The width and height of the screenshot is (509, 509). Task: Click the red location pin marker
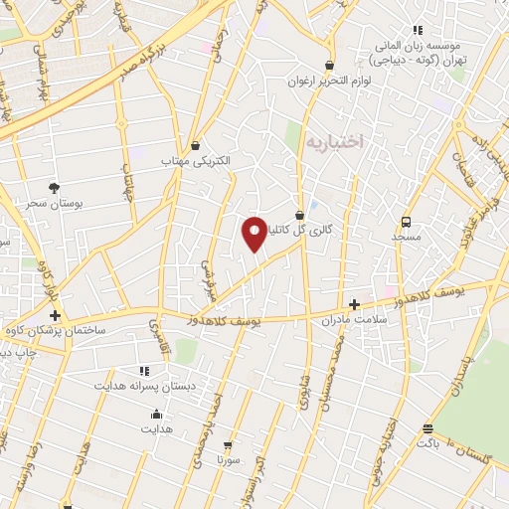point(255,233)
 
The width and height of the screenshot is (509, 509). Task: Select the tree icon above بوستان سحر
point(54,187)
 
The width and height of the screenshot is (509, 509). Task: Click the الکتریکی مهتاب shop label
point(196,160)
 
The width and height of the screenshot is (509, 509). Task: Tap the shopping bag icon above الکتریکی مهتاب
point(196,144)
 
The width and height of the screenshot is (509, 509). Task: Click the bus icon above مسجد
point(406,222)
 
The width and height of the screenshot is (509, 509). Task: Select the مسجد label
point(406,238)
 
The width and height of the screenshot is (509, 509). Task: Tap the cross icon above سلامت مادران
point(355,304)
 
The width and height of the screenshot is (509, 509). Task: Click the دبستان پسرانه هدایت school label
point(138,384)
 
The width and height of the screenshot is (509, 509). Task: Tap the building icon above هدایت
point(155,415)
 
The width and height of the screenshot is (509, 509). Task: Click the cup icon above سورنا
point(229,446)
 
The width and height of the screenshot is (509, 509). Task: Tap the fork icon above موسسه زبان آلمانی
point(417,30)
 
